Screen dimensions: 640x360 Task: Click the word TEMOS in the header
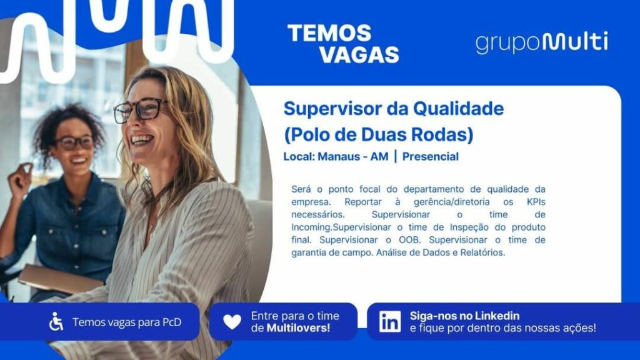point(329,33)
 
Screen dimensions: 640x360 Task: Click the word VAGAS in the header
point(359,55)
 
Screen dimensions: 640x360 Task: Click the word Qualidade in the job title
point(458,109)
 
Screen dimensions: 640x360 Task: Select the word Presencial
point(430,157)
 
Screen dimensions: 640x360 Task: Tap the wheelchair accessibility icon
point(56,321)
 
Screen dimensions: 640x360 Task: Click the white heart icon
point(232,322)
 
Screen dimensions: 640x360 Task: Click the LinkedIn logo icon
point(390,322)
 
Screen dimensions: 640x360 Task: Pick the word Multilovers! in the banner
point(298,328)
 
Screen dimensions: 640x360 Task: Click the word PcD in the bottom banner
point(172,322)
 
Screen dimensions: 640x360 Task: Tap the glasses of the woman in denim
point(75,142)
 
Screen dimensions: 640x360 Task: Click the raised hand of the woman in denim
point(19,178)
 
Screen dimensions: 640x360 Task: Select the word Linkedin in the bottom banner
point(497,316)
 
